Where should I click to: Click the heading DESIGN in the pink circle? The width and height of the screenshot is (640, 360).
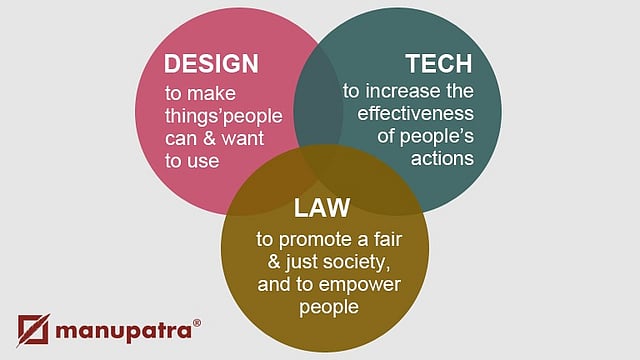211,64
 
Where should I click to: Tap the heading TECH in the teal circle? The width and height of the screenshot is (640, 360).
439,64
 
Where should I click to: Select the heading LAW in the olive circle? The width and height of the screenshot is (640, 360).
322,208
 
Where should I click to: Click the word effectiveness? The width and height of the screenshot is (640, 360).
416,113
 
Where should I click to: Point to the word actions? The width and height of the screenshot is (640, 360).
442,158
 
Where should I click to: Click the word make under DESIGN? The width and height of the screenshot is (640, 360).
211,93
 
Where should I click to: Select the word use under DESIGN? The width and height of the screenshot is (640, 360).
202,161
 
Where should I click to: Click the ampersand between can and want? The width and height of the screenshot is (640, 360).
209,138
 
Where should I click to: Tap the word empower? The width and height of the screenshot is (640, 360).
359,285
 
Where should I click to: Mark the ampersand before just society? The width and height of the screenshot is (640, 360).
274,261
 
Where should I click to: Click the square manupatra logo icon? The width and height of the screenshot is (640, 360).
33,330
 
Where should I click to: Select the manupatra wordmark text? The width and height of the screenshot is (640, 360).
123,331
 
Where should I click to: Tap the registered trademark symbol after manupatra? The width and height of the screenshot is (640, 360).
196,323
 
